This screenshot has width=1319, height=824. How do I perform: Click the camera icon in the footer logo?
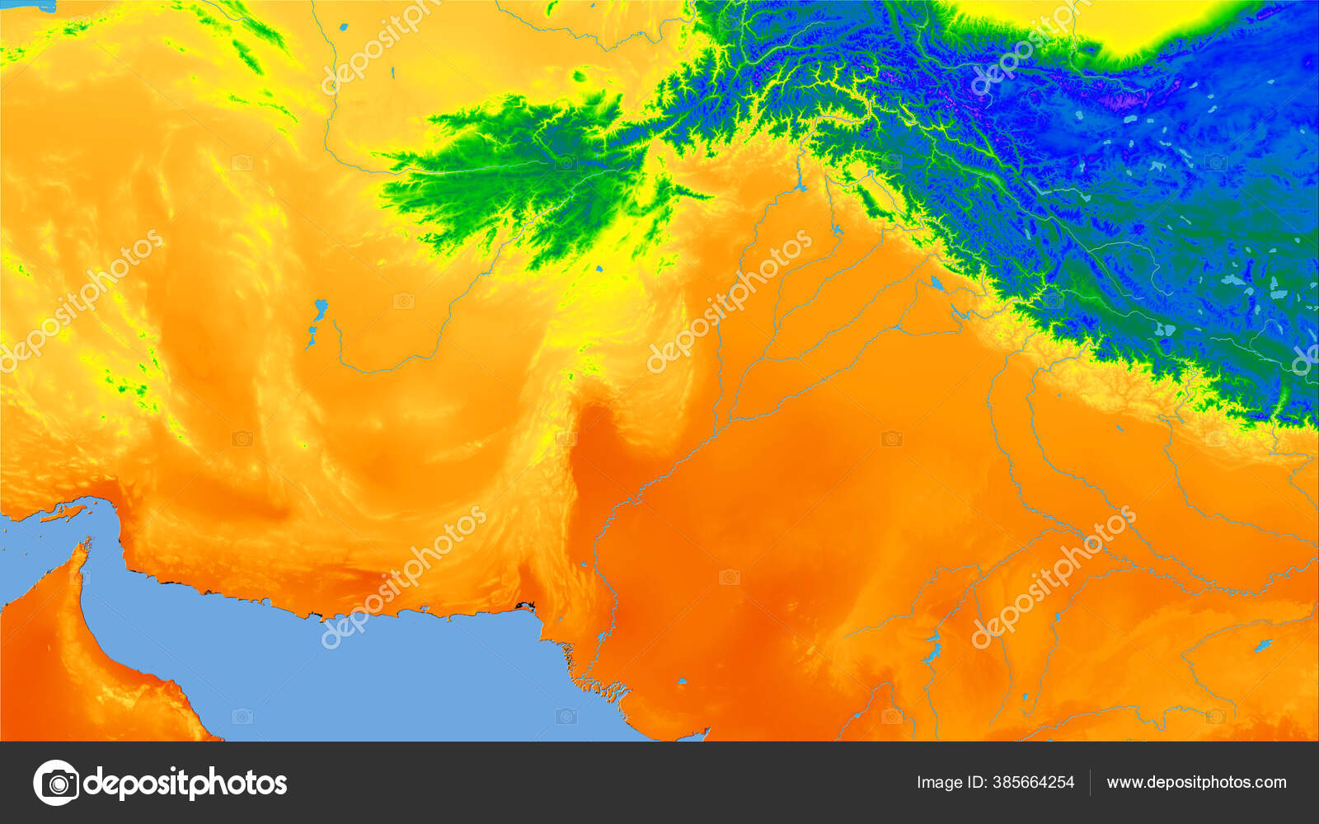tap(56, 782)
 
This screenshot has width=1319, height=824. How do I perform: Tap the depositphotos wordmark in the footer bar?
tap(185, 783)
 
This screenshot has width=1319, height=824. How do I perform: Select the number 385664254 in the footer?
tap(1032, 783)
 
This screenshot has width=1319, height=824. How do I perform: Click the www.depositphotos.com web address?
tap(1196, 783)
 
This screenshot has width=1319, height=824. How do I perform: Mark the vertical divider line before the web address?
tap(1090, 783)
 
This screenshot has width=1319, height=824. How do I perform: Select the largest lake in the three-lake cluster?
tap(319, 311)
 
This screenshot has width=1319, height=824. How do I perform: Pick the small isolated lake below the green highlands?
tap(598, 269)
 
